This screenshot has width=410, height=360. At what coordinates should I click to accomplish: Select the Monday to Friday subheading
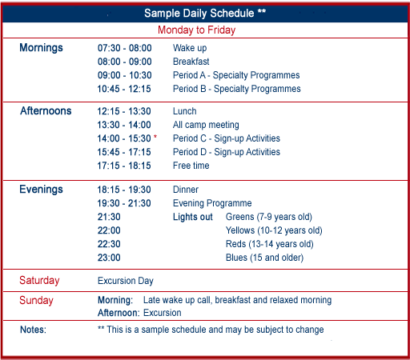[196, 30]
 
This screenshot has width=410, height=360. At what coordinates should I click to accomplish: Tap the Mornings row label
[41, 48]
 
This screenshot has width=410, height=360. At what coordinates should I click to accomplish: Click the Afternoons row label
[46, 110]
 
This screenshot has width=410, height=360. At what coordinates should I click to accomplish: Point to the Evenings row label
[41, 190]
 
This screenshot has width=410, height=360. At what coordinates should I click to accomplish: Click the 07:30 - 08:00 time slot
[124, 48]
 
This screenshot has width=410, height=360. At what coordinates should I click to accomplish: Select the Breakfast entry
[191, 62]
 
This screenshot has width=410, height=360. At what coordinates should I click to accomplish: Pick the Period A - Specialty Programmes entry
[236, 75]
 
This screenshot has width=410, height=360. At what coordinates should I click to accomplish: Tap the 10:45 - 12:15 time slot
[124, 89]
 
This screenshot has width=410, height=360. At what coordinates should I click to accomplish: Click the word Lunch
[185, 111]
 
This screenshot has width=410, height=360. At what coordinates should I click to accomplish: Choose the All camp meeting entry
[206, 125]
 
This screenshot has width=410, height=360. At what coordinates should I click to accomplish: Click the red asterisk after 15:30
[155, 137]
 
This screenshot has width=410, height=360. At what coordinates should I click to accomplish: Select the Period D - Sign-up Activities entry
[227, 152]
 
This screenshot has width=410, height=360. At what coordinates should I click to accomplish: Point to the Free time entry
[191, 166]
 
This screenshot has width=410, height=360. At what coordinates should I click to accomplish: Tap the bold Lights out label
[193, 217]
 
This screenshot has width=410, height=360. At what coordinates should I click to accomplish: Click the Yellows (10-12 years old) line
[274, 230]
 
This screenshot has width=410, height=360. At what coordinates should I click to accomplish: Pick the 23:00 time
[109, 258]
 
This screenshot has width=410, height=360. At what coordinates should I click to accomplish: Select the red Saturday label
[39, 281]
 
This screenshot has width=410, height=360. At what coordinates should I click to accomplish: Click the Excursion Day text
[126, 281]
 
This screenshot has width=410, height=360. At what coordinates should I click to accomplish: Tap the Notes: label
[33, 330]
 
